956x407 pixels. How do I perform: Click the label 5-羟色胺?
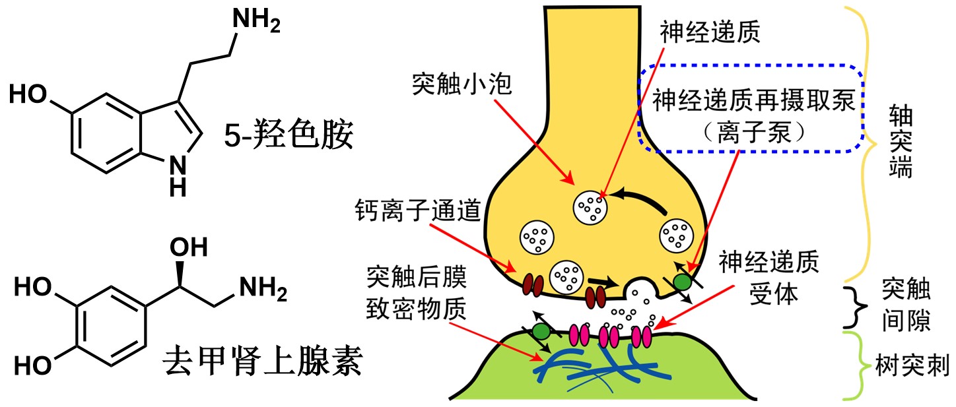tap(287, 137)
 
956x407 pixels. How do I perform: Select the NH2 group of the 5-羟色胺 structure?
tap(257, 22)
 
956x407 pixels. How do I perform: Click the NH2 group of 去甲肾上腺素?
tap(263, 288)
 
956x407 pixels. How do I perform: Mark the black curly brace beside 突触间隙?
tap(857, 305)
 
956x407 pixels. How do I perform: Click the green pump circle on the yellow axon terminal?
tap(683, 282)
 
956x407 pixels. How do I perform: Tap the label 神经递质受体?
tap(769, 278)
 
